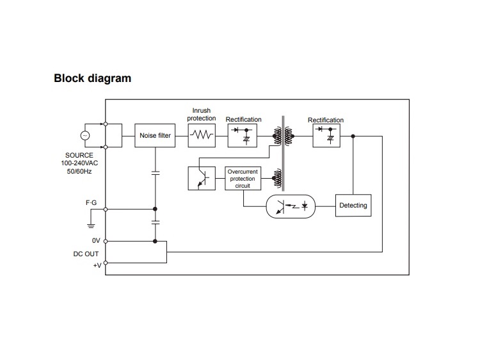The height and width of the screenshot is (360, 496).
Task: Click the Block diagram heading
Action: (93, 79)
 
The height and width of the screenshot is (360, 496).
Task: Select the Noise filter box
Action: (155, 135)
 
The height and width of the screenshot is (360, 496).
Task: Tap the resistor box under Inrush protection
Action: (202, 135)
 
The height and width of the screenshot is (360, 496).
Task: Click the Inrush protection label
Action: (202, 115)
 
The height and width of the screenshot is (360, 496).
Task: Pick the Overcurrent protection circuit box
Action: (243, 179)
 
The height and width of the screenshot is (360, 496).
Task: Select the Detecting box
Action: (353, 206)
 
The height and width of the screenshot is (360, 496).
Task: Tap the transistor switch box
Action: (202, 179)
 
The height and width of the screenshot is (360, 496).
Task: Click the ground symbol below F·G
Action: (91, 224)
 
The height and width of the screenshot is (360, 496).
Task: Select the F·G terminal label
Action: (91, 203)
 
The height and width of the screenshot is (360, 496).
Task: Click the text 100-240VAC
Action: (79, 163)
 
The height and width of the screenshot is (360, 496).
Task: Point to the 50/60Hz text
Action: (79, 172)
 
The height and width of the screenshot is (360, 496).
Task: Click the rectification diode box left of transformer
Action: (243, 135)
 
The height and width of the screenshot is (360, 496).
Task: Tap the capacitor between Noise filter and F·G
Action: (156, 173)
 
